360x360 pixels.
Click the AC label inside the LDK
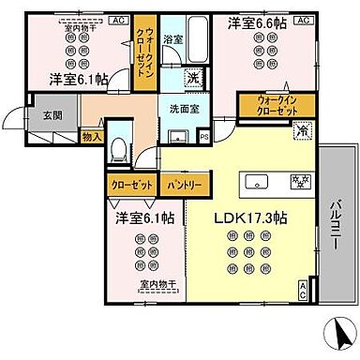302,290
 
